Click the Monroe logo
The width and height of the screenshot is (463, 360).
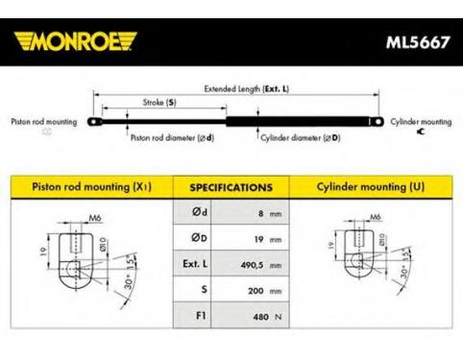(x=76, y=41)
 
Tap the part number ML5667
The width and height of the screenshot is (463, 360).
(x=418, y=42)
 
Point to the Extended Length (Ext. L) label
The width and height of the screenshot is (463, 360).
(x=247, y=88)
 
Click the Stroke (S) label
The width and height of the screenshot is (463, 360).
(x=159, y=103)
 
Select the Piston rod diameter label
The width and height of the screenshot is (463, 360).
(x=172, y=138)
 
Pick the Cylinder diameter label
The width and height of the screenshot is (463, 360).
(x=301, y=138)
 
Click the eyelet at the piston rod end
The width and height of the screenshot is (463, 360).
(x=94, y=122)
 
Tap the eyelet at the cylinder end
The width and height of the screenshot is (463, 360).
(x=377, y=122)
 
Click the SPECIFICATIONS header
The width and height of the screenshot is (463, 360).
(x=231, y=187)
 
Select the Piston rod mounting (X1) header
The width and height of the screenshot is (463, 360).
(x=92, y=186)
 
